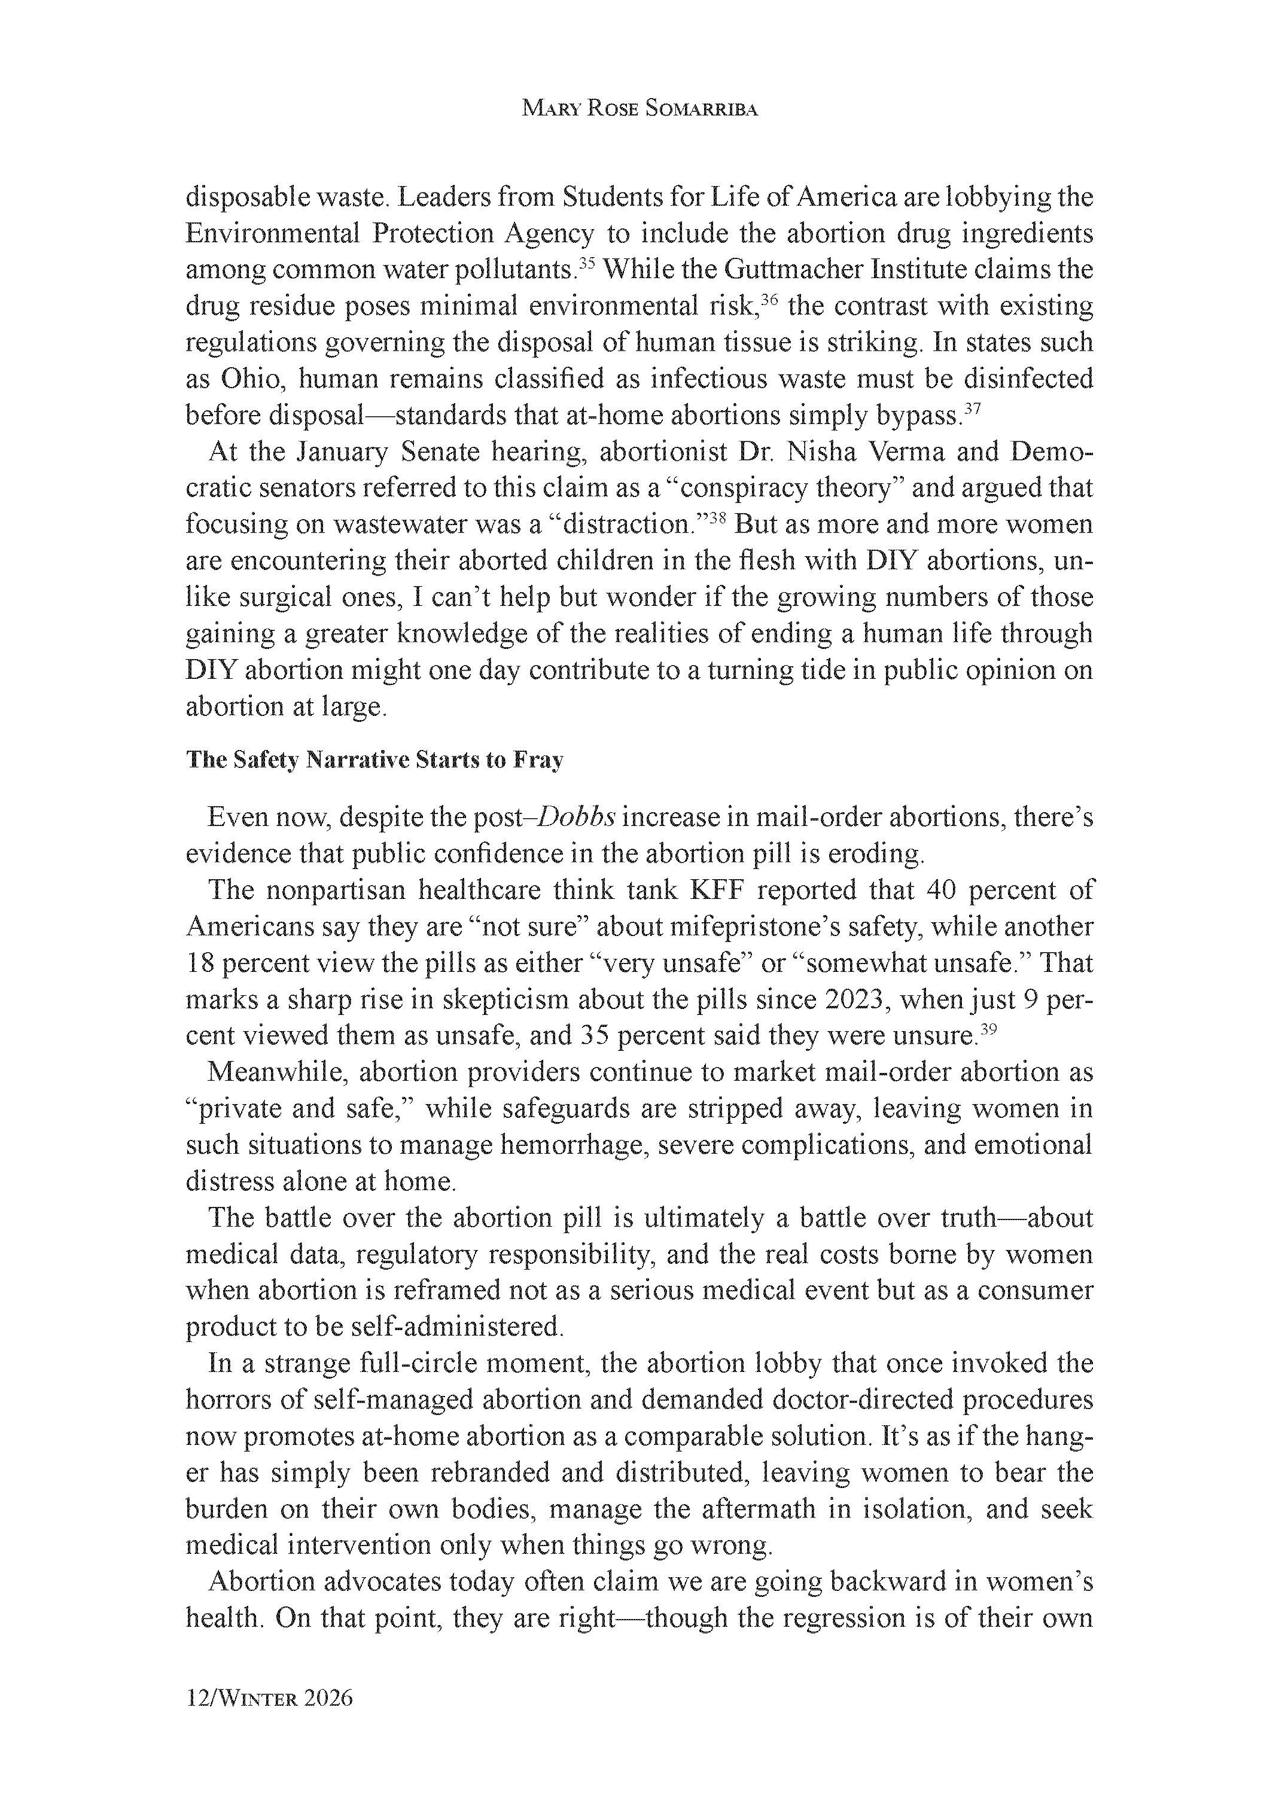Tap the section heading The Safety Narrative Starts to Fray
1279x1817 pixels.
click(374, 761)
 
